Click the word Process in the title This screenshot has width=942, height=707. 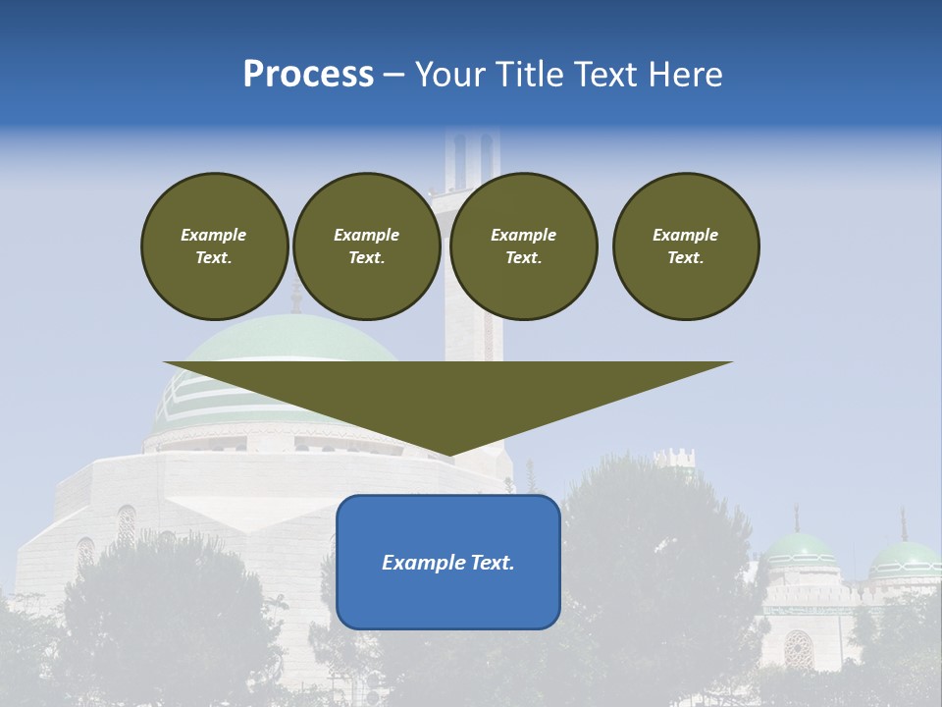click(308, 75)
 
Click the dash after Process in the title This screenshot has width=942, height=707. click(394, 76)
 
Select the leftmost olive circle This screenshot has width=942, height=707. click(215, 246)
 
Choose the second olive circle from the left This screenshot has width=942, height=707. click(367, 246)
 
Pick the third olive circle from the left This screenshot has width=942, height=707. click(523, 246)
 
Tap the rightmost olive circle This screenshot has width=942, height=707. click(686, 246)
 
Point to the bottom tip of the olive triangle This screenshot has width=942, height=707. click(448, 455)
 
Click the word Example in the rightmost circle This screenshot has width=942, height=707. click(686, 235)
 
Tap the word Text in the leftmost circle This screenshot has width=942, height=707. click(213, 258)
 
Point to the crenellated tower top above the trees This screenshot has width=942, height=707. click(674, 457)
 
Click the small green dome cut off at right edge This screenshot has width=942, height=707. click(906, 561)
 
